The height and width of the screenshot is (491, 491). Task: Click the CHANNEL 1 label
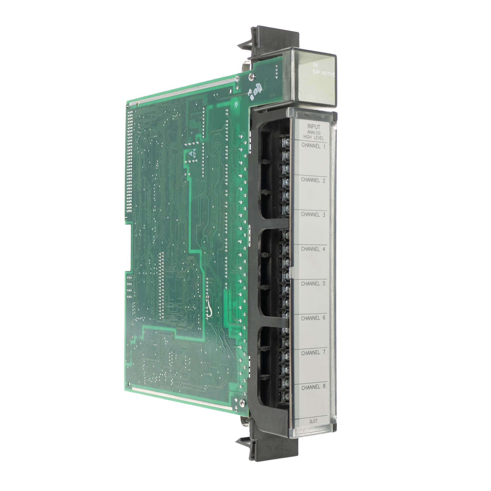click(314, 147)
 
